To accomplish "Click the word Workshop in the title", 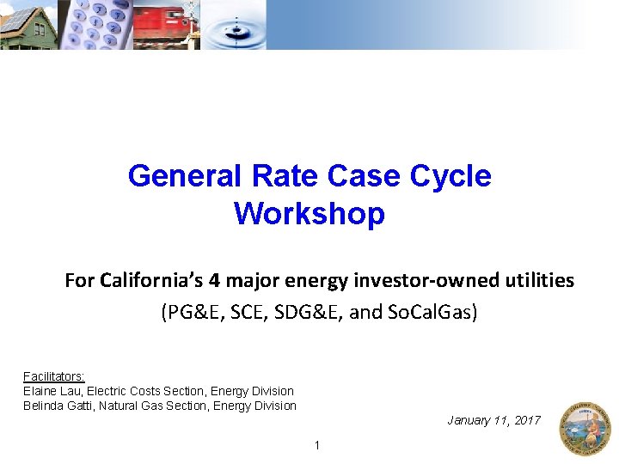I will point(309,213).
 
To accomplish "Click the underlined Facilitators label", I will point(53,376).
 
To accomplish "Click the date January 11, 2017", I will point(493,420).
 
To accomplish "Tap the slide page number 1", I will point(317,445).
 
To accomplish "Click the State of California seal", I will point(584,427).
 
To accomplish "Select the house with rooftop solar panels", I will point(28,25).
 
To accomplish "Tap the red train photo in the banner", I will point(162,25).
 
